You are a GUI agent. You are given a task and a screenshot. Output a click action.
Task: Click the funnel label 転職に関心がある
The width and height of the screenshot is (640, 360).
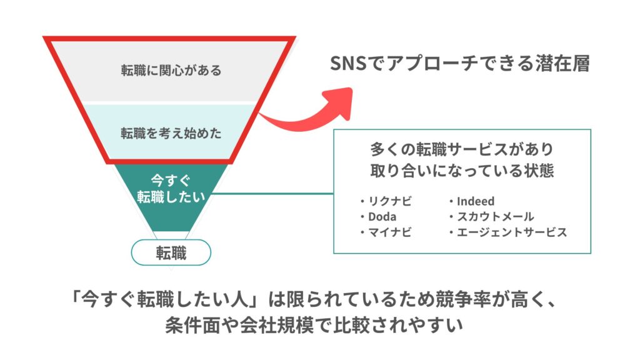click(171, 70)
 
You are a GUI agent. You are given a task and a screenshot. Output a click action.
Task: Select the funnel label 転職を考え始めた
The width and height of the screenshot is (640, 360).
click(171, 133)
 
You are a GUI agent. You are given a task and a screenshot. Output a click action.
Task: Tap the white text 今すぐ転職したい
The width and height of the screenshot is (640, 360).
click(171, 189)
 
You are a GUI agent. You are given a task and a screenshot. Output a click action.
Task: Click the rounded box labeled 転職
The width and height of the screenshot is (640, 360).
click(171, 252)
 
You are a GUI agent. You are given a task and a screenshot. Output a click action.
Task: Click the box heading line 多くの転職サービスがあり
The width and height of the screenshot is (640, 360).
click(462, 149)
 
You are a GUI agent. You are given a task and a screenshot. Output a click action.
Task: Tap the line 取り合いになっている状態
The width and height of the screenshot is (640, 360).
click(462, 171)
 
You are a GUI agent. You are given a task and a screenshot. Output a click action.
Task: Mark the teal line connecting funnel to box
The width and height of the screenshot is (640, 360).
click(273, 194)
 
